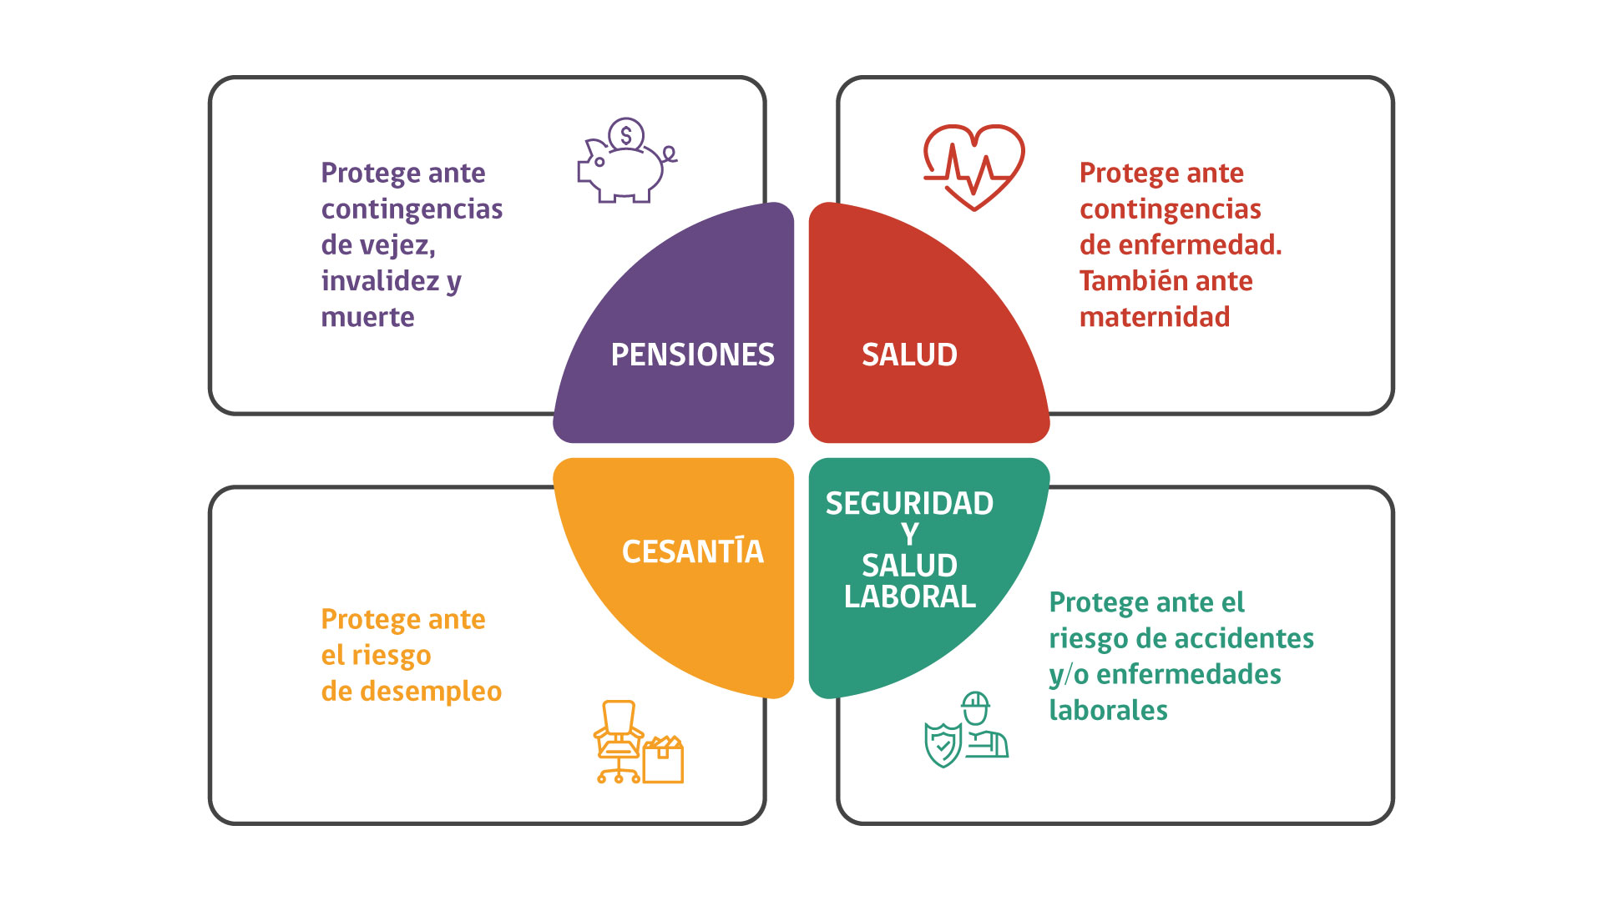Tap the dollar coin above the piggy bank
tap(626, 134)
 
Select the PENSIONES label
tap(692, 355)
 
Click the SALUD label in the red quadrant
tap(909, 355)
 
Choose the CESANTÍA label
tap(692, 551)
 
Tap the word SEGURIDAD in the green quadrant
tap(909, 503)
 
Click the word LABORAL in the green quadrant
tap(909, 596)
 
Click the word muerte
tap(367, 317)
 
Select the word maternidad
tap(1155, 317)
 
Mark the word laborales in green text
tap(1108, 710)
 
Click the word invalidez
tap(380, 281)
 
